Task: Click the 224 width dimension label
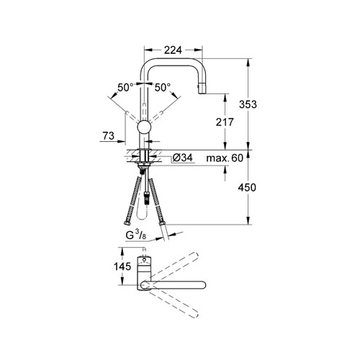tap(173, 50)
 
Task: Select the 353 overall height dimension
tap(248, 104)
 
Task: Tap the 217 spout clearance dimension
tap(225, 122)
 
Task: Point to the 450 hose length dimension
tap(247, 187)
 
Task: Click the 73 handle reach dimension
tap(108, 136)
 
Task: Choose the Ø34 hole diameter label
tap(183, 158)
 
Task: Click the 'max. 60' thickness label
tap(225, 158)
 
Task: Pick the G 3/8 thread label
tap(136, 235)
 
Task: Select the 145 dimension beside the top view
tap(122, 266)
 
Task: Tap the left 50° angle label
tap(125, 87)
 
